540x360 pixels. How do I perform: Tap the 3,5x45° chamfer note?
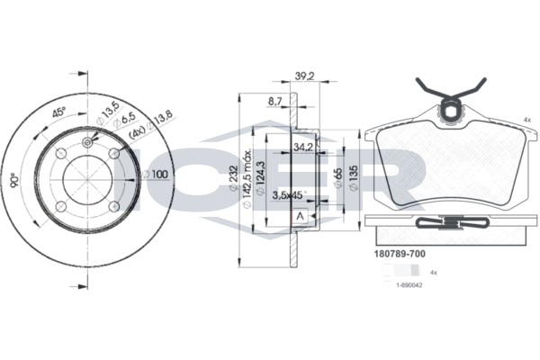(x=290, y=195)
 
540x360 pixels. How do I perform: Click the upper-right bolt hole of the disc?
(x=113, y=154)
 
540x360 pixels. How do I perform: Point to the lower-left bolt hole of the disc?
(x=61, y=207)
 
